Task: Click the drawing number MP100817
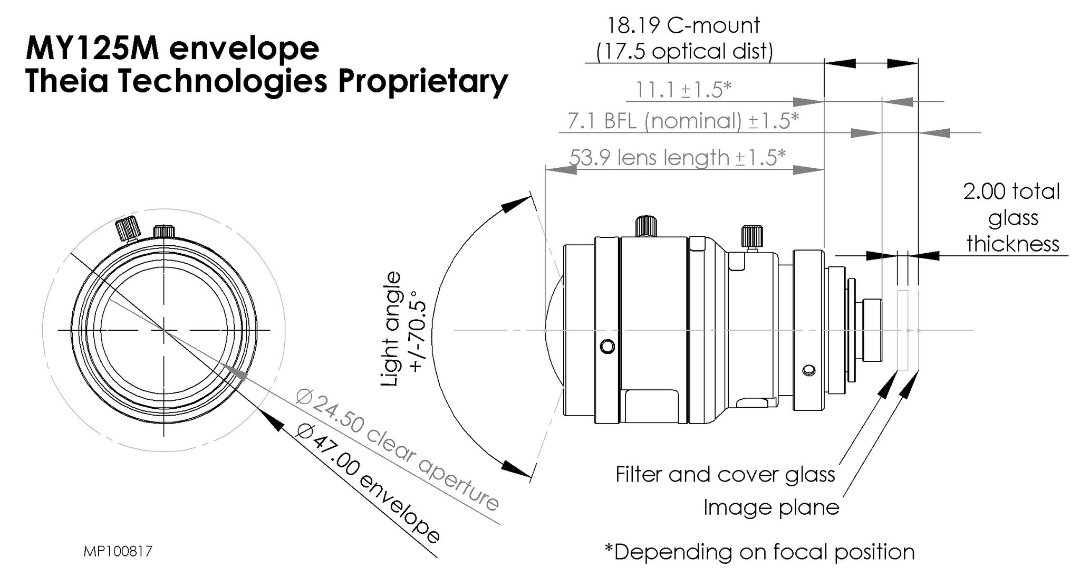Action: coord(118,552)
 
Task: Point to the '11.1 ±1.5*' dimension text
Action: coord(683,90)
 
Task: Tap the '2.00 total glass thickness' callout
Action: coord(1012,217)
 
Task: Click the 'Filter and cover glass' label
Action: coord(725,474)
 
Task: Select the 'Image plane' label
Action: coord(771,507)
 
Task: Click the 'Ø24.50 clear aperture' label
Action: coord(398,449)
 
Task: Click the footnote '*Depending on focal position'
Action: coord(759,552)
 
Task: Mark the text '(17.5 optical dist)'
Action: coord(684,51)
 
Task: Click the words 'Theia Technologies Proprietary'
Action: coord(266,81)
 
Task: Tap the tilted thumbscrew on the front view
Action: coord(127,228)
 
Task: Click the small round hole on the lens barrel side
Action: coord(607,347)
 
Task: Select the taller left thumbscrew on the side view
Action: coord(647,225)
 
